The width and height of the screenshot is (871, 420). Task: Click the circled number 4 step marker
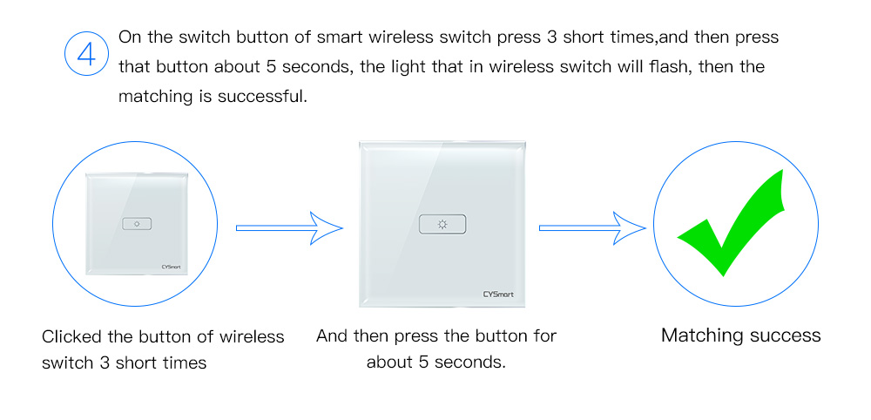(86, 54)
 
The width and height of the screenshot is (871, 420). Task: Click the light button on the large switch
(442, 224)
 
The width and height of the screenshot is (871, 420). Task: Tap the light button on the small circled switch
(137, 224)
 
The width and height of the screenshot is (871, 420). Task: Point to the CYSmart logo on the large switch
(498, 294)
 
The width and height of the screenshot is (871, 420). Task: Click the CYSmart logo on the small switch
(171, 268)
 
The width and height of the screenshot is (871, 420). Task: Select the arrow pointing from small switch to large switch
(289, 227)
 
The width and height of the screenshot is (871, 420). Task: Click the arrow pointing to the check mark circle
(592, 227)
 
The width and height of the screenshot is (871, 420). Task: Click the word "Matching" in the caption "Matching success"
(701, 336)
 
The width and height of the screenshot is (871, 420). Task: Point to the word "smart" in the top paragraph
(340, 37)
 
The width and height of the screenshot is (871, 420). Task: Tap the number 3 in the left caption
(105, 363)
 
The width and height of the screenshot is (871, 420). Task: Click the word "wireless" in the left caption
(252, 336)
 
